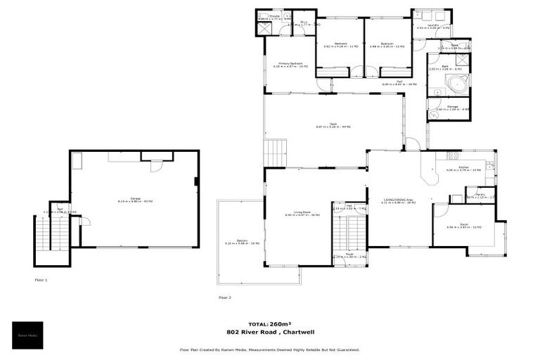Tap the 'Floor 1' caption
coord(41,279)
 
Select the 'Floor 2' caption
coord(224,297)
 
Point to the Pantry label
coord(481,195)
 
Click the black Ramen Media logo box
coord(28,335)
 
